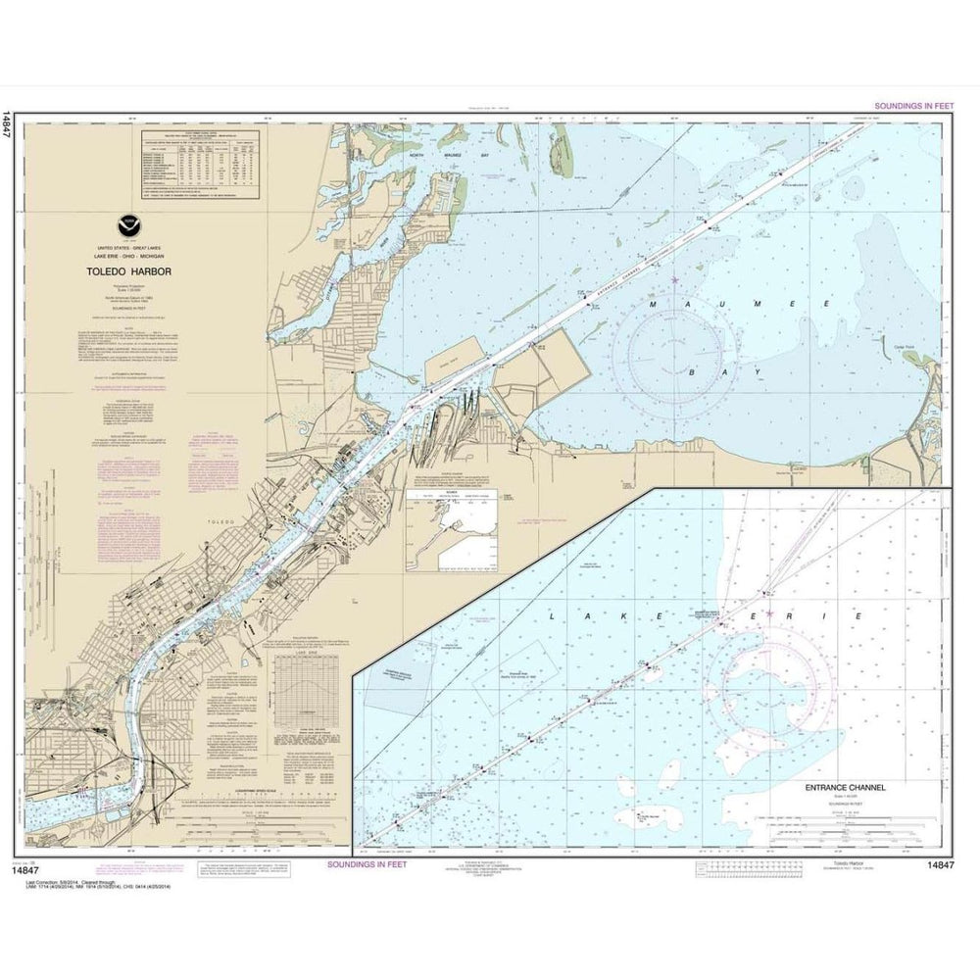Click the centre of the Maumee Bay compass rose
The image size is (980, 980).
[676, 358]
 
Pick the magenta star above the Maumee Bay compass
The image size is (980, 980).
[676, 282]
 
